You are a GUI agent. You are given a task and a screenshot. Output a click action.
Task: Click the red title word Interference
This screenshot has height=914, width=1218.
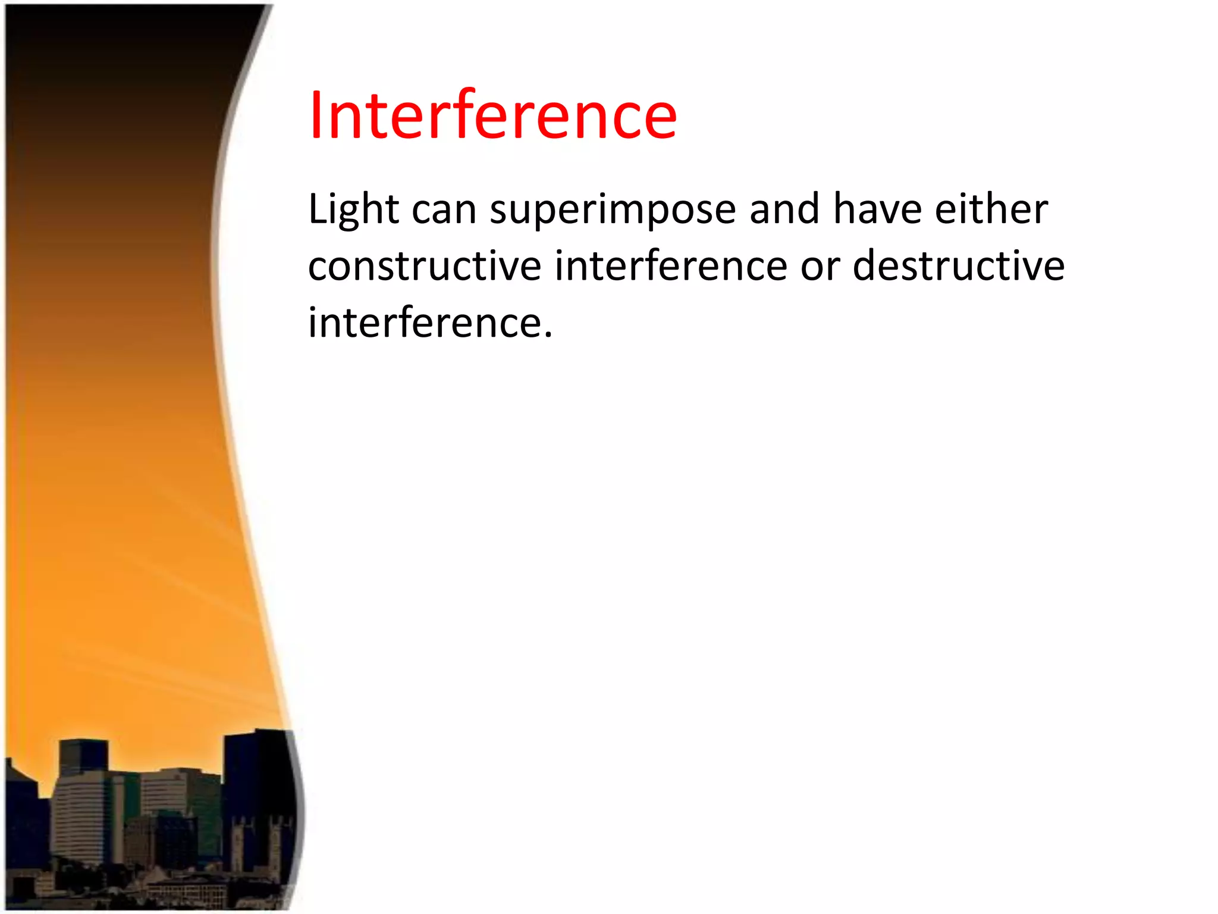[492, 115]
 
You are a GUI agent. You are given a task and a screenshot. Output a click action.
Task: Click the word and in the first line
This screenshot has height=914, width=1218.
[784, 209]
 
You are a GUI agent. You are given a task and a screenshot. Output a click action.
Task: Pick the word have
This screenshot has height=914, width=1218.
[877, 209]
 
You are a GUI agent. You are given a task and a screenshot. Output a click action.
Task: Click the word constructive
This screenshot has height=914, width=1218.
[424, 266]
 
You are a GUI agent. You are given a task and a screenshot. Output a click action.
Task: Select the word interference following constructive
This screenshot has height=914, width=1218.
[671, 266]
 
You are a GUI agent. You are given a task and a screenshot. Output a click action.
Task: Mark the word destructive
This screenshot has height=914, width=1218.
[959, 266]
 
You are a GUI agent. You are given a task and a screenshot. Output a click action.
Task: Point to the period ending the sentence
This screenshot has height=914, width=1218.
[548, 336]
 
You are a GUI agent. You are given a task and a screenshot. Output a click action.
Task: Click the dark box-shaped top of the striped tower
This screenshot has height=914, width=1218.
[83, 756]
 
